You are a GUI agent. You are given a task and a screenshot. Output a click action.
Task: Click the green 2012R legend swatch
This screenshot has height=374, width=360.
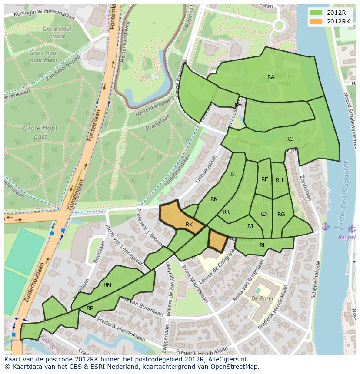[x=316, y=12]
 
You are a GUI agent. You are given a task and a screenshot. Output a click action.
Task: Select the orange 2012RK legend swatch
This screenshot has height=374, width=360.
[x=316, y=21]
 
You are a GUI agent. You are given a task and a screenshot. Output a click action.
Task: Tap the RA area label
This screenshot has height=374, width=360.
[x=271, y=77]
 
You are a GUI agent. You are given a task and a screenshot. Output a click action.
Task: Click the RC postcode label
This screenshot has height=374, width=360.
[x=290, y=139]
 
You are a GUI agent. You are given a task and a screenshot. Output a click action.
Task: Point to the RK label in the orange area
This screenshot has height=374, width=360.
[x=189, y=225]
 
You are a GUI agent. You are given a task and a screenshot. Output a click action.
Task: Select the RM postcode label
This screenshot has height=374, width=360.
[x=107, y=285]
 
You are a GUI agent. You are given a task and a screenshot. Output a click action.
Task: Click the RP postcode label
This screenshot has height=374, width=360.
[x=90, y=308]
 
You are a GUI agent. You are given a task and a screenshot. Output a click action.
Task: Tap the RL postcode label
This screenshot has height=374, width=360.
[x=263, y=245]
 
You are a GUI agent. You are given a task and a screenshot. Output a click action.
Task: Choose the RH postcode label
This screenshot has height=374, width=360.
[x=279, y=180]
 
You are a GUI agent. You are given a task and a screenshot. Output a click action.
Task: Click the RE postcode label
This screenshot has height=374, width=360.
[x=265, y=179]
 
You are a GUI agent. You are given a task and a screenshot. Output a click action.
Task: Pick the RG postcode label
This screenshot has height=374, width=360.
[x=281, y=215]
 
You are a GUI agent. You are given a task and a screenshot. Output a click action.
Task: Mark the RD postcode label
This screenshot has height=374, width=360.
[x=263, y=214]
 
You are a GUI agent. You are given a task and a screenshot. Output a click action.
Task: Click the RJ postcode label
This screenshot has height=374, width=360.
[x=250, y=226]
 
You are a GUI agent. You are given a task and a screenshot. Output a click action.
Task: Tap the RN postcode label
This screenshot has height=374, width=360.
[x=214, y=199]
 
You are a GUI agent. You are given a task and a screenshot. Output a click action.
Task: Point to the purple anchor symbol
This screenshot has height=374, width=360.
[x=325, y=226]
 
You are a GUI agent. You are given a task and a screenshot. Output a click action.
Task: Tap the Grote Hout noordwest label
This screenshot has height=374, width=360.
[x=43, y=56]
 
